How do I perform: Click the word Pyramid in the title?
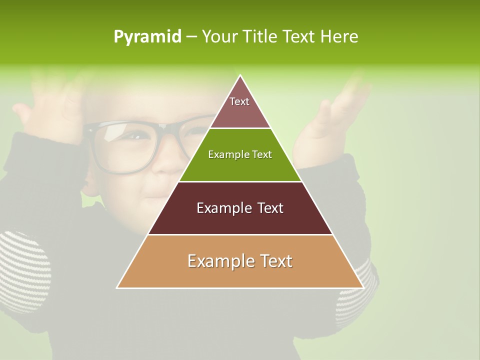tap(147, 37)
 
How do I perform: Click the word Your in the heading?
tap(218, 37)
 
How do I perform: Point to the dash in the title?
tap(191, 37)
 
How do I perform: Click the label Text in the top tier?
tap(239, 101)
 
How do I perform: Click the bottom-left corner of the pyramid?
tap(117, 287)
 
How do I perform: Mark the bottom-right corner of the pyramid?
tap(362, 287)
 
